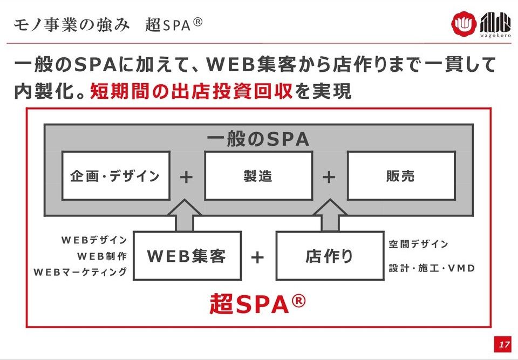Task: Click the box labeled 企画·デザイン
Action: tap(115, 176)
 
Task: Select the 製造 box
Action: tap(258, 176)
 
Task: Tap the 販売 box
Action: tap(400, 176)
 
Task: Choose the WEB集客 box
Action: tap(187, 256)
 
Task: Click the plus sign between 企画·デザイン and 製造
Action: tap(186, 176)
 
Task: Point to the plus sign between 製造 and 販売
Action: tap(329, 176)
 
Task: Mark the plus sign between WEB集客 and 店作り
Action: tap(257, 257)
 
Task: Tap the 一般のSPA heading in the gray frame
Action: tap(258, 139)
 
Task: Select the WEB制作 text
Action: tap(102, 256)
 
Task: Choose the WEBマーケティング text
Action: tap(80, 272)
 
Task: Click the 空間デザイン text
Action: tap(419, 244)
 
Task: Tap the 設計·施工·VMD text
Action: tap(432, 268)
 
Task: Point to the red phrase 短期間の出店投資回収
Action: tap(192, 90)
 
